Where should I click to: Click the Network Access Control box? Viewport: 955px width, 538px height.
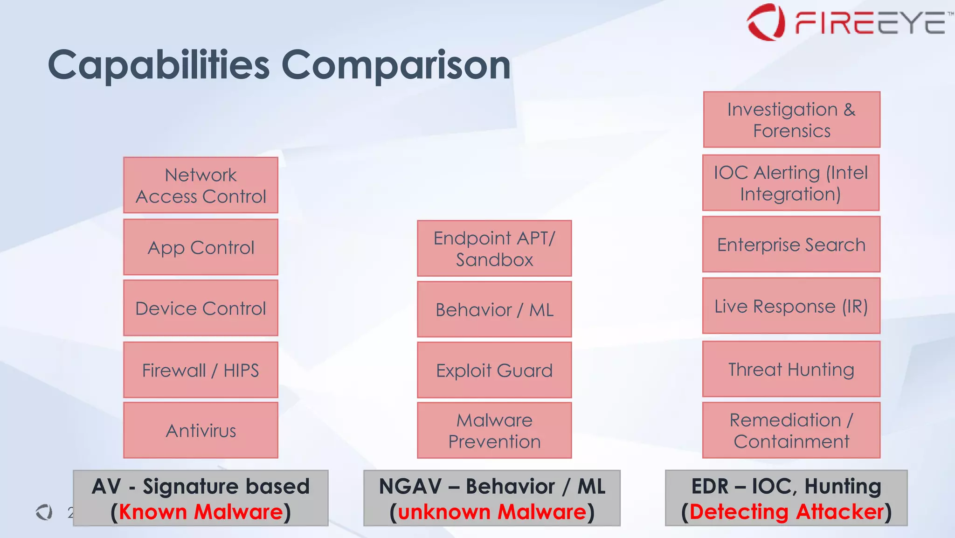click(x=201, y=185)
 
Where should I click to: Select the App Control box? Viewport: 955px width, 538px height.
click(x=201, y=247)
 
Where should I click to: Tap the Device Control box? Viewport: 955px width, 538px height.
click(x=201, y=308)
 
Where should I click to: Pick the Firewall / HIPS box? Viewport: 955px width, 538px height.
click(x=201, y=370)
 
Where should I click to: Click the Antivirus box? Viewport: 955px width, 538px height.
click(x=201, y=430)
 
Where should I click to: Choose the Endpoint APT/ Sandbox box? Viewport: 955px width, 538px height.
click(x=494, y=248)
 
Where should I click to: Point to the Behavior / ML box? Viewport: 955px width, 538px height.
click(x=494, y=309)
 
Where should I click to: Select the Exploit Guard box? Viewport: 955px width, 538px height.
click(x=494, y=370)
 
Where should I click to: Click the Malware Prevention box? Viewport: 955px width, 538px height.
click(x=494, y=430)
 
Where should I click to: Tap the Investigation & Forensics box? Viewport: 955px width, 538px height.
click(x=791, y=119)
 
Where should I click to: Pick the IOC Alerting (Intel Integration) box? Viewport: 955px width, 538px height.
click(x=791, y=183)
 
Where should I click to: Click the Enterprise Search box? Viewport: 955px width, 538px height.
click(x=791, y=245)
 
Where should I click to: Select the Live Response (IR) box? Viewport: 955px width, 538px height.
click(x=791, y=306)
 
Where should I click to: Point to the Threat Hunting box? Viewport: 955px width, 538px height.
click(x=791, y=369)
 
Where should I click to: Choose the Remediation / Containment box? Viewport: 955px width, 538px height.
click(x=791, y=430)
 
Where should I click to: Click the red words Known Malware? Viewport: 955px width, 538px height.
click(x=201, y=512)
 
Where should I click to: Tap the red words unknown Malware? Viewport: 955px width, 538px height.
click(x=492, y=512)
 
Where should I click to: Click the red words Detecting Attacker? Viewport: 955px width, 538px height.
click(x=786, y=512)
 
